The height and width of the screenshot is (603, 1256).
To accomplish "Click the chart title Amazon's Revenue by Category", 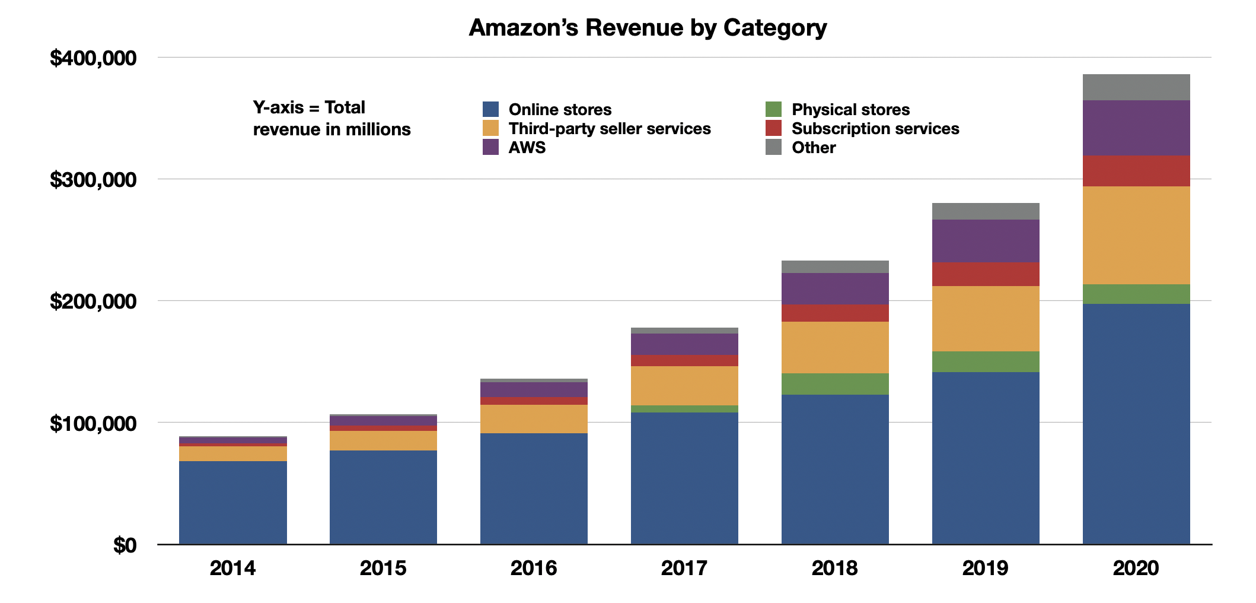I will pyautogui.click(x=648, y=28).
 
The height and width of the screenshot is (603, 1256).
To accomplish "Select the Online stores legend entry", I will pyautogui.click(x=559, y=110).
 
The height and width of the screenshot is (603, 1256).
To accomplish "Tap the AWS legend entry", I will pyautogui.click(x=527, y=148).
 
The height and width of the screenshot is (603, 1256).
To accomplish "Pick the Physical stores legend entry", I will pyautogui.click(x=850, y=110).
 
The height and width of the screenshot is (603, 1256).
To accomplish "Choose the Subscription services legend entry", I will pyautogui.click(x=875, y=129).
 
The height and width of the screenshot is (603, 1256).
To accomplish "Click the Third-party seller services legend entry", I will pyautogui.click(x=609, y=129).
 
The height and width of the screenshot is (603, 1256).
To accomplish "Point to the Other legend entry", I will pyautogui.click(x=813, y=148).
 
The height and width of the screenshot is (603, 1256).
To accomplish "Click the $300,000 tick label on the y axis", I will pyautogui.click(x=93, y=180).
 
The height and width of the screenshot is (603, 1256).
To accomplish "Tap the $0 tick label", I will pyautogui.click(x=125, y=545).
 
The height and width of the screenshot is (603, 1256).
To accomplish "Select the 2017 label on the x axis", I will pyautogui.click(x=684, y=569).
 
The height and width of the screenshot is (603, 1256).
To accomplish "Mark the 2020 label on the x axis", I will pyautogui.click(x=1136, y=569).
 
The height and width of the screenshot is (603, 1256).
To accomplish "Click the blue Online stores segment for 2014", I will pyautogui.click(x=232, y=502).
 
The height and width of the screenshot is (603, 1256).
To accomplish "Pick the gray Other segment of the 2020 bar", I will pyautogui.click(x=1136, y=87).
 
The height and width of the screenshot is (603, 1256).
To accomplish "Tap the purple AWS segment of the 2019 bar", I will pyautogui.click(x=985, y=241).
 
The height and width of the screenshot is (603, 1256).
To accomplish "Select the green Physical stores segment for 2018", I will pyautogui.click(x=834, y=384).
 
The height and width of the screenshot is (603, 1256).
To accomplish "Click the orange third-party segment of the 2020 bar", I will pyautogui.click(x=1136, y=236).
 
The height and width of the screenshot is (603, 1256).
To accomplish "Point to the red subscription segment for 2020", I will pyautogui.click(x=1136, y=171).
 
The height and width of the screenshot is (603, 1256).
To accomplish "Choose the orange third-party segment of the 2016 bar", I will pyautogui.click(x=534, y=419).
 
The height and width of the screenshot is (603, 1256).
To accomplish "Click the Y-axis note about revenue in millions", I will pyautogui.click(x=331, y=119).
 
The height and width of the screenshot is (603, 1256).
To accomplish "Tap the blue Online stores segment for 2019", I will pyautogui.click(x=985, y=458).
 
